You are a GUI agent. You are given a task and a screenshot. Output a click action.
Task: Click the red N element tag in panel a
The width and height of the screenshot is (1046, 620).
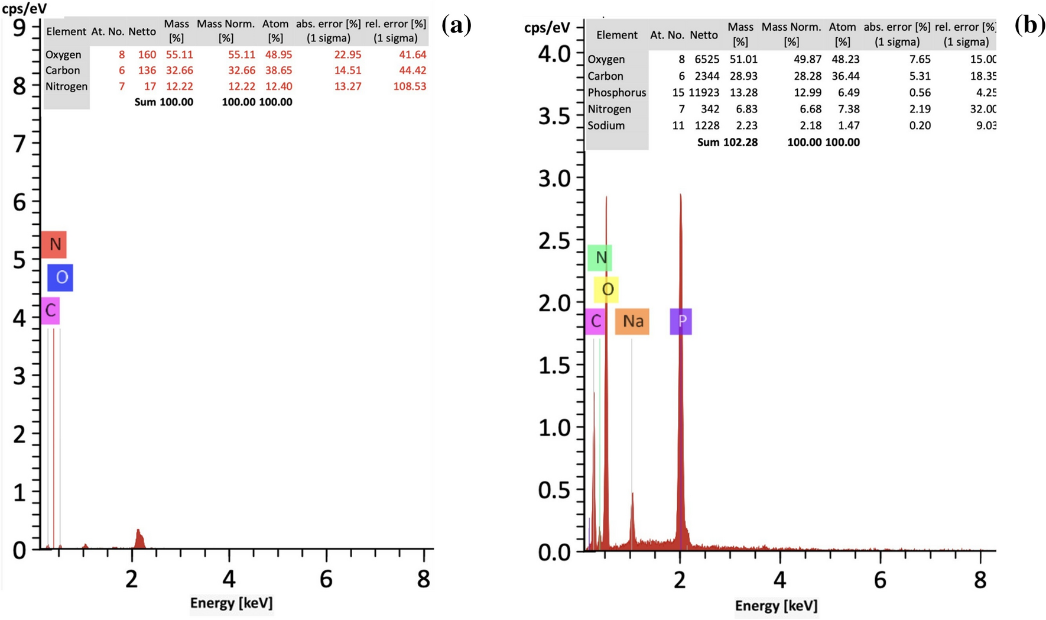pyautogui.click(x=54, y=244)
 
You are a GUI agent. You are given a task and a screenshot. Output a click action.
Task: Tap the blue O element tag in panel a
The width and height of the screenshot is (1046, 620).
pyautogui.click(x=60, y=277)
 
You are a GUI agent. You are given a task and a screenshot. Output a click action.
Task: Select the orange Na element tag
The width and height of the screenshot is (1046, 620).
pyautogui.click(x=632, y=321)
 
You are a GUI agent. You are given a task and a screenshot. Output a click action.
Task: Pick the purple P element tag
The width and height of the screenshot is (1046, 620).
pyautogui.click(x=681, y=321)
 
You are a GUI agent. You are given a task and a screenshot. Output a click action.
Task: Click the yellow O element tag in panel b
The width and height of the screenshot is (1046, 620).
pyautogui.click(x=606, y=289)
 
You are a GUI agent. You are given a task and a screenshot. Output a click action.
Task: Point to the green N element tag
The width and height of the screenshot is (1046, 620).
pyautogui.click(x=600, y=257)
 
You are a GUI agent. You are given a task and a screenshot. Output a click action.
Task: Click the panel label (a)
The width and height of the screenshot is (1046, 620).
pyautogui.click(x=456, y=25)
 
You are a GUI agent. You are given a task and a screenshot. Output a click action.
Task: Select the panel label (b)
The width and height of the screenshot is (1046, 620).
pyautogui.click(x=1029, y=25)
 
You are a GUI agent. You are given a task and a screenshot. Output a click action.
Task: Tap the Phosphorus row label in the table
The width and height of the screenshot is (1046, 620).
pyautogui.click(x=616, y=92)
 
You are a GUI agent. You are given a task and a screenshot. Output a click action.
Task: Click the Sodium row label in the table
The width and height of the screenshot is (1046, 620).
pyautogui.click(x=606, y=125)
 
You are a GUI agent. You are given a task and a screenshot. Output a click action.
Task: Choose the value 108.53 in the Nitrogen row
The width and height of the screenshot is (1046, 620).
pyautogui.click(x=410, y=86)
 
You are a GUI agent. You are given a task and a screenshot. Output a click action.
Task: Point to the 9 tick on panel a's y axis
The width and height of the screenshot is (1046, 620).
pyautogui.click(x=20, y=28)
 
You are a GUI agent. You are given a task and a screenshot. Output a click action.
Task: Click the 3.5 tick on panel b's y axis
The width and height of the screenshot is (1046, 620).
pyautogui.click(x=554, y=117)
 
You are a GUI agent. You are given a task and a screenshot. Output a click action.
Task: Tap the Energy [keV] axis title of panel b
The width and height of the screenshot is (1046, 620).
pyautogui.click(x=776, y=606)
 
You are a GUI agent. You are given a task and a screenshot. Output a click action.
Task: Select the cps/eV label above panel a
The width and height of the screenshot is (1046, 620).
pyautogui.click(x=24, y=9)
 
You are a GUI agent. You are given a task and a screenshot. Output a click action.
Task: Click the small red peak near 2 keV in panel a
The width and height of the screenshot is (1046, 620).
pyautogui.click(x=139, y=538)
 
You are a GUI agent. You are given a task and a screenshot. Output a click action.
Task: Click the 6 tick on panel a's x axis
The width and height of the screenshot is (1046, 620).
pyautogui.click(x=326, y=579)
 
